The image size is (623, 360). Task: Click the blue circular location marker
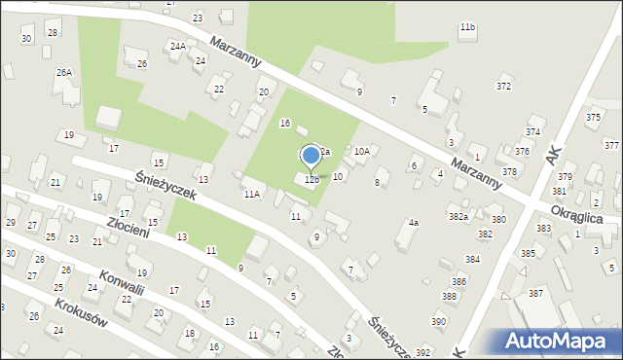click(311, 155)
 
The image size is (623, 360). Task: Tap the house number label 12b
click(311, 180)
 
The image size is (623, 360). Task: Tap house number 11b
click(468, 26)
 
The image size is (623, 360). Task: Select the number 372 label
click(503, 87)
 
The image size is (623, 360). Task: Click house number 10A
click(361, 151)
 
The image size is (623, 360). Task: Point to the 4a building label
click(413, 223)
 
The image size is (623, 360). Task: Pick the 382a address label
click(458, 216)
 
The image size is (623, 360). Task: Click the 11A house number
click(252, 195)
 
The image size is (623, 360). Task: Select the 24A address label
click(177, 46)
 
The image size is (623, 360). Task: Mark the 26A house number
click(64, 72)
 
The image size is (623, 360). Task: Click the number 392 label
click(422, 352)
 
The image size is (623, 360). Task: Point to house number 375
click(594, 117)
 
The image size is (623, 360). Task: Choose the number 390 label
click(439, 321)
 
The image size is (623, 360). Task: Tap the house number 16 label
click(285, 123)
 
